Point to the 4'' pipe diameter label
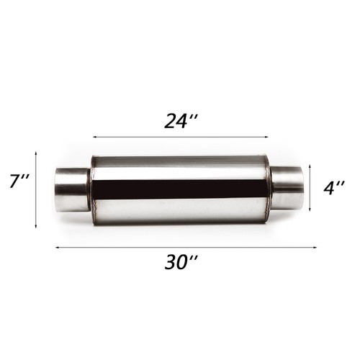[333, 189]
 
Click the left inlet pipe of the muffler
[72, 189]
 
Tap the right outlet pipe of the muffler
[287, 189]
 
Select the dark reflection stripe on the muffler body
[180, 189]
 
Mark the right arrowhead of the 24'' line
[266, 136]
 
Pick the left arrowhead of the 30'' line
[57, 247]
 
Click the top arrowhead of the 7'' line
[36, 153]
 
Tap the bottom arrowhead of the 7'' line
[36, 225]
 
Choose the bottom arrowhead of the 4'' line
[310, 212]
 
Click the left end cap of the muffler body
[93, 189]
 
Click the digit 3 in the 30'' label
[171, 263]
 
